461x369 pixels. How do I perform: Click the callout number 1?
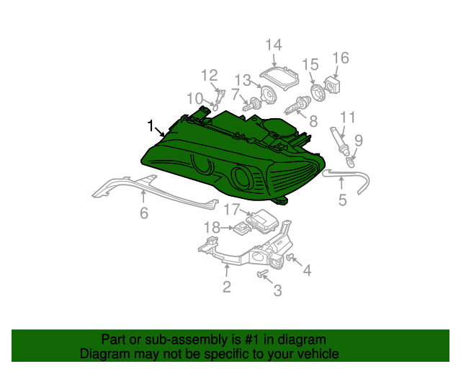(x=150, y=126)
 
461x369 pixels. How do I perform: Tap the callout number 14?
(x=273, y=45)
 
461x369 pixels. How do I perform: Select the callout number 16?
(x=340, y=58)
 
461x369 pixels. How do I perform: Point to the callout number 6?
(x=143, y=213)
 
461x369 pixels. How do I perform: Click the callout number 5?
(x=342, y=200)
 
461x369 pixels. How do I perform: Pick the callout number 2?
(x=226, y=288)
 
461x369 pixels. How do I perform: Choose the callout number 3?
(x=277, y=290)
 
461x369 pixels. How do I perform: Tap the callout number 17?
(x=230, y=210)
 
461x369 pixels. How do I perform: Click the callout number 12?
(x=209, y=75)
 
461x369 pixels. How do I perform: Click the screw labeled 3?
(x=262, y=274)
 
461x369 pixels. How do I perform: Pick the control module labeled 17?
(x=263, y=218)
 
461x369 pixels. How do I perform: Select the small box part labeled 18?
(x=241, y=228)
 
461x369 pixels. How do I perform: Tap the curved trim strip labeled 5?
(x=353, y=178)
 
